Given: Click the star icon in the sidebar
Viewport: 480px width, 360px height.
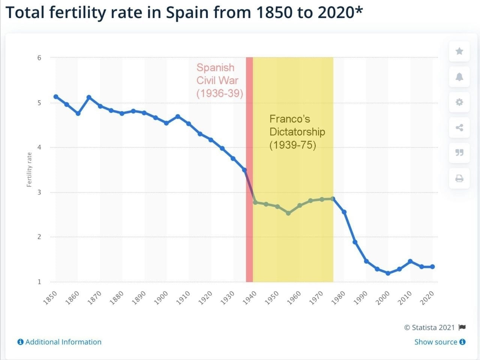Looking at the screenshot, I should point(459,51).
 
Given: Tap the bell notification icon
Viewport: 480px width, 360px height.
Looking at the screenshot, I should point(459,77).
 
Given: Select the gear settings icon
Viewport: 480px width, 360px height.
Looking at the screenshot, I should point(459,102).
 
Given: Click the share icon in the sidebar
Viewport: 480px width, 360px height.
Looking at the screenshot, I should point(459,127).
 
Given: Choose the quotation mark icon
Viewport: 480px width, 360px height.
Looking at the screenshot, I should point(459,153).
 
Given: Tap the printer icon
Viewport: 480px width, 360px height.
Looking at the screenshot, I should point(459,178).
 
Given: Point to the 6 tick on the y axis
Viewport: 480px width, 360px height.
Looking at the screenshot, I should point(39,58).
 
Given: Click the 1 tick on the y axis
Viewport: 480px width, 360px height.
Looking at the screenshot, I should point(39,282).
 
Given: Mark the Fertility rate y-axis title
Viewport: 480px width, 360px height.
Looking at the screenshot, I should point(29,169).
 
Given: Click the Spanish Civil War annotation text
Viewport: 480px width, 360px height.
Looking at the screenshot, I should point(219,80).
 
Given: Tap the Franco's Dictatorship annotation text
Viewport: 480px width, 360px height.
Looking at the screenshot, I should point(297,132).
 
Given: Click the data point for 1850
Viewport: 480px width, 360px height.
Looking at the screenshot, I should point(56,97).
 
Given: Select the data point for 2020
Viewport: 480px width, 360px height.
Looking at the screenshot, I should point(432,267).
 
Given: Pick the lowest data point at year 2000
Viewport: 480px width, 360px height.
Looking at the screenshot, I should point(388,273).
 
